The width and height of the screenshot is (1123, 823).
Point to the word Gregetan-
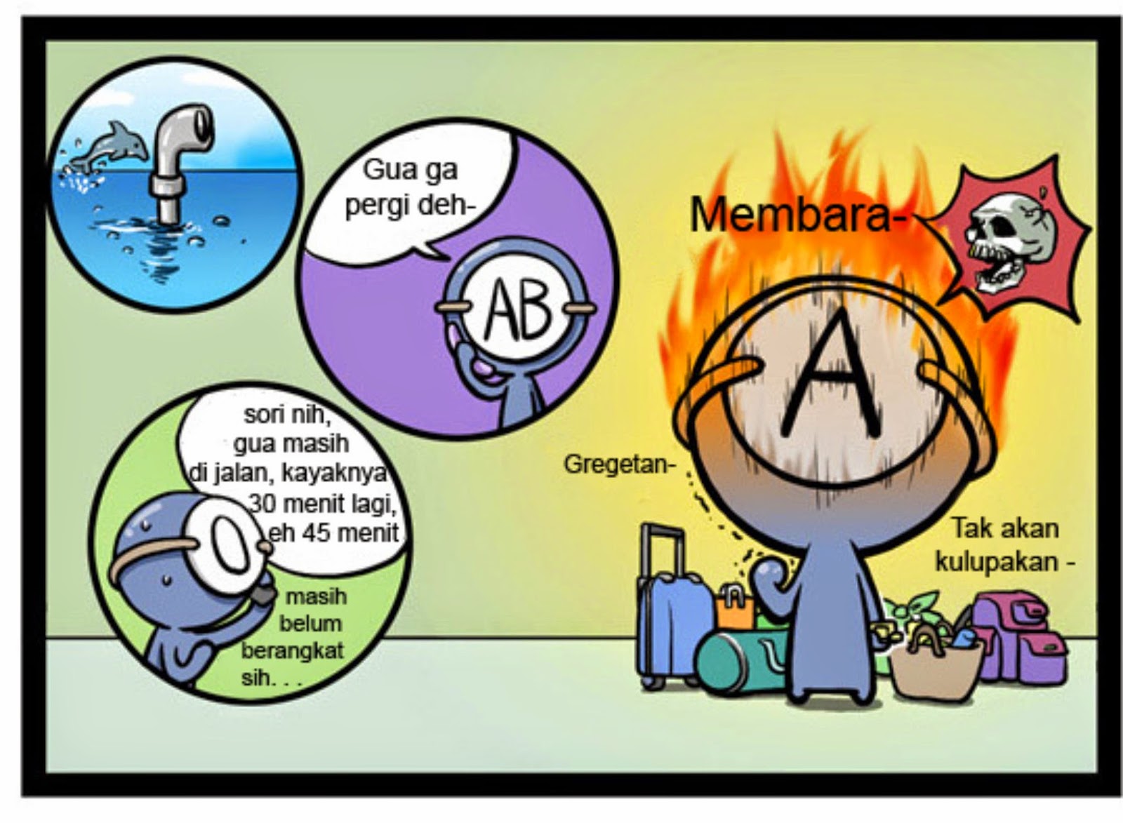616,464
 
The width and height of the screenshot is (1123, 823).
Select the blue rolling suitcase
667,617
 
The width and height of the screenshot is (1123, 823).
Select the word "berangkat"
293,650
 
